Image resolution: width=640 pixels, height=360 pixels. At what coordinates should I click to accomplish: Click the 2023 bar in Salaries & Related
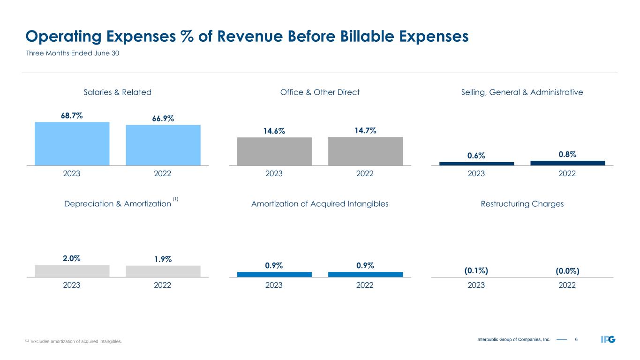pos(72,143)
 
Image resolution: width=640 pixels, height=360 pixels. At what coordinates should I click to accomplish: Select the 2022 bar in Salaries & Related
pos(163,145)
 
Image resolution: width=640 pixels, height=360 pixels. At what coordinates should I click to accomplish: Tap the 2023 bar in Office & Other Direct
pos(274,151)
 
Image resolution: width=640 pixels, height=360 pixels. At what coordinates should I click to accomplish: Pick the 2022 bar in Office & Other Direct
pos(365,151)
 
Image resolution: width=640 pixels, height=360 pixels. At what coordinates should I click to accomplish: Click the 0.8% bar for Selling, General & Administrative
pos(567,163)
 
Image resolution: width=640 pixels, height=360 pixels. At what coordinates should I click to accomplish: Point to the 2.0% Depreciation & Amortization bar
pos(72,271)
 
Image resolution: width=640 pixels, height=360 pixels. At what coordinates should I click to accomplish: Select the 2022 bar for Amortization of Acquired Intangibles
pos(365,275)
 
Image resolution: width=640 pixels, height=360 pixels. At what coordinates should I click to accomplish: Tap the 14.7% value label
pos(365,131)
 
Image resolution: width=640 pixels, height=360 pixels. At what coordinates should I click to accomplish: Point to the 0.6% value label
pos(476,155)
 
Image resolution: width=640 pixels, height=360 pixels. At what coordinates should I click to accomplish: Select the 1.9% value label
pos(163,259)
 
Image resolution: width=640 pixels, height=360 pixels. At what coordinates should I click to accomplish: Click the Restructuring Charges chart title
pos(522,204)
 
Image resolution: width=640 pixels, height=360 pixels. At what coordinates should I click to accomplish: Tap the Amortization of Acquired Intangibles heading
pos(320,204)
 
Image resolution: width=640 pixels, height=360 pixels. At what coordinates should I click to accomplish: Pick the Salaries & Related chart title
pos(117,92)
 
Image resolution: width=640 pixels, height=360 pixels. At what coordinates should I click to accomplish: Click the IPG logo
pos(608,339)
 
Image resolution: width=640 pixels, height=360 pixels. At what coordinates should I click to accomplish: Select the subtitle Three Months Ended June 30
pos(72,53)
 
